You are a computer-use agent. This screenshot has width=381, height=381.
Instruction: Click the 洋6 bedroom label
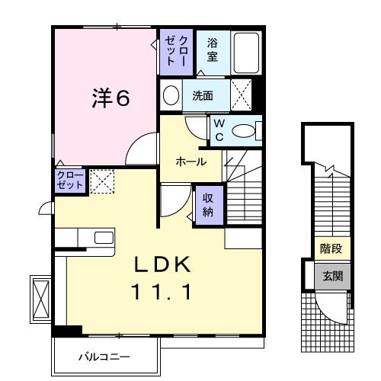[110, 99]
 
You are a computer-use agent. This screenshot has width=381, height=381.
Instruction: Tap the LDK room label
[163, 264]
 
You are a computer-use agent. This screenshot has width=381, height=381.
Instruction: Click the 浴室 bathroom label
[212, 50]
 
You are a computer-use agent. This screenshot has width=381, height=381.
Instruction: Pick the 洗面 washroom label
[201, 96]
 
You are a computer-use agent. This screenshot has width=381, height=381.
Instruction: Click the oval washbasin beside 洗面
[171, 96]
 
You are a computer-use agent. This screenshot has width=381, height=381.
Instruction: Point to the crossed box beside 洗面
[242, 96]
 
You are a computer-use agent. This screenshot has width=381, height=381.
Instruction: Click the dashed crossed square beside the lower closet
[101, 180]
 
